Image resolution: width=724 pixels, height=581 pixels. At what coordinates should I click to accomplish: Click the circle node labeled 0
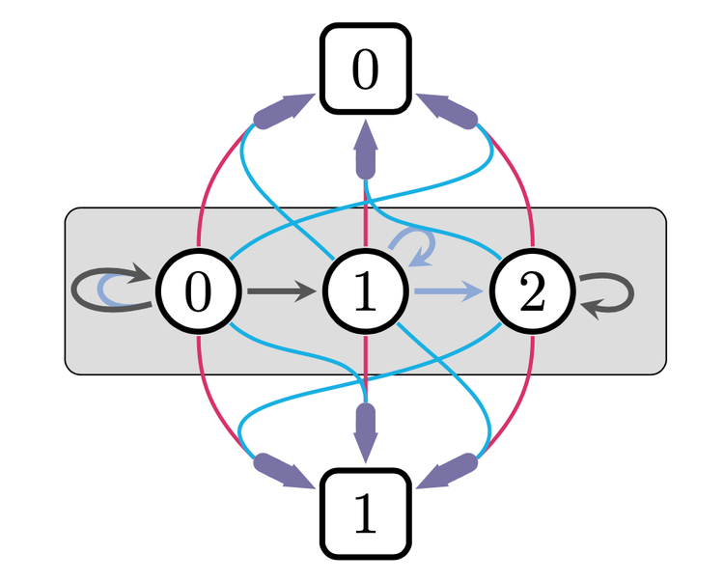tap(198, 290)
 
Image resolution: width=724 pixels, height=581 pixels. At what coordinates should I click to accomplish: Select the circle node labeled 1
tap(365, 290)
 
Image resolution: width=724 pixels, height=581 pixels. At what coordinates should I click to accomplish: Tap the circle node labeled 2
tap(532, 290)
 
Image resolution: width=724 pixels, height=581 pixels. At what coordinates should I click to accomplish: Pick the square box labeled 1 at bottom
tap(365, 514)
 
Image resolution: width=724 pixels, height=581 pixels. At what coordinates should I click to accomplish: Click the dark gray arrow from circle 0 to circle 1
tap(281, 290)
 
